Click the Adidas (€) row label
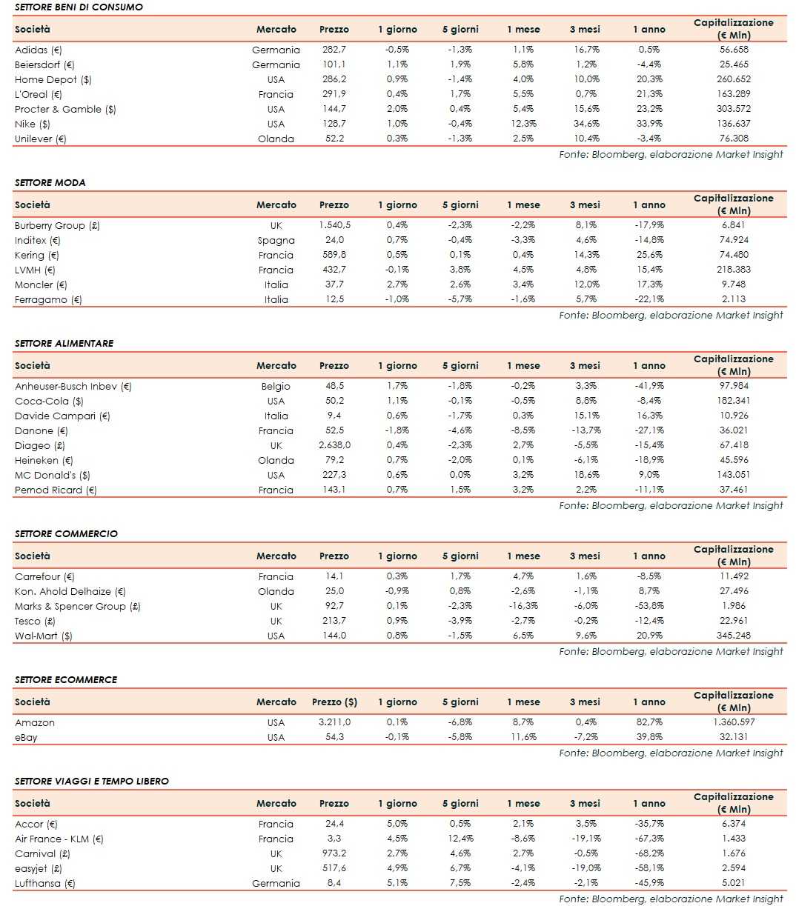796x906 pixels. coord(39,50)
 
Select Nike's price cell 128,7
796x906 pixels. coord(334,124)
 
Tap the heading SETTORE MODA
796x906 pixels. coord(50,182)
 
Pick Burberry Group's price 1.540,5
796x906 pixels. coord(334,225)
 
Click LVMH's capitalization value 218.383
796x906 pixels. coord(733,270)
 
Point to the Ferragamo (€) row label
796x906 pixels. coord(48,299)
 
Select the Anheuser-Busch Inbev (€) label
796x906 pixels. coord(73,386)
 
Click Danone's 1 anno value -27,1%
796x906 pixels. coord(649,430)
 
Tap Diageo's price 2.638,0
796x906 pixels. coord(334,445)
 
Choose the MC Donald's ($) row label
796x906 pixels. coord(53,475)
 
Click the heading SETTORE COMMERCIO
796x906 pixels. coord(66,533)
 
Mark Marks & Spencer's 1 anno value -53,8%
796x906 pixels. coord(649,606)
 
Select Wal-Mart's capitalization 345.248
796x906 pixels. coord(733,636)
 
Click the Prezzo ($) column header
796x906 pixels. coord(334,702)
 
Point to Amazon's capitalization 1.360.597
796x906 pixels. coord(733,722)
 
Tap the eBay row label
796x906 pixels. coord(26,737)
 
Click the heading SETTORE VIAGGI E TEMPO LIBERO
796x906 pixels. coord(92,781)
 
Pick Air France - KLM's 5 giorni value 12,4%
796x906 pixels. coord(460,839)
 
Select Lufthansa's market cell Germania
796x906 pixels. coord(276,883)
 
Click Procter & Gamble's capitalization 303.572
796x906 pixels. coord(733,109)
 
